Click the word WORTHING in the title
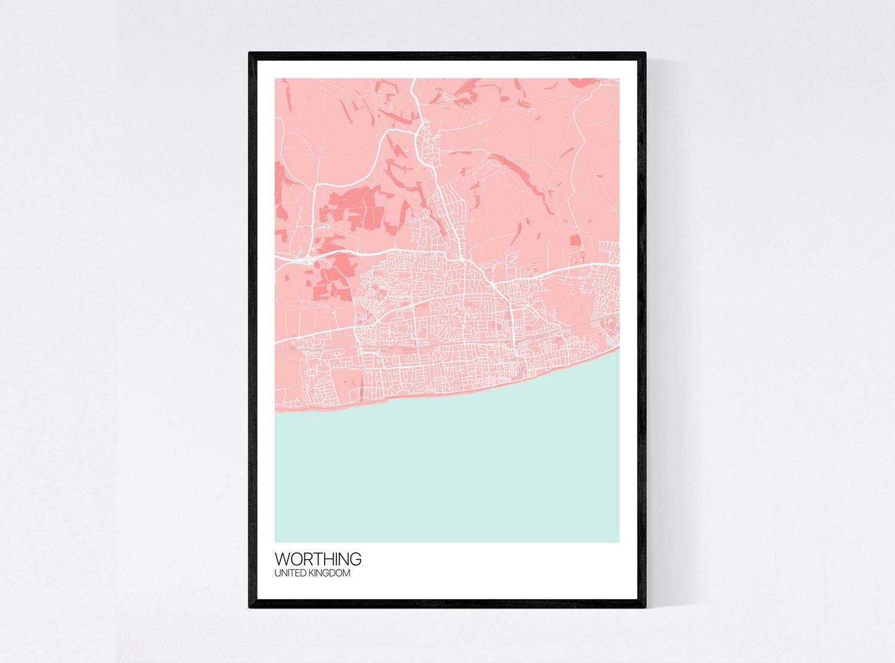(317, 560)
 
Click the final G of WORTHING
(356, 560)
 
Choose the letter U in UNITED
(277, 573)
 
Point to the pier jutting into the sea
(524, 385)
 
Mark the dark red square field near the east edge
(575, 240)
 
